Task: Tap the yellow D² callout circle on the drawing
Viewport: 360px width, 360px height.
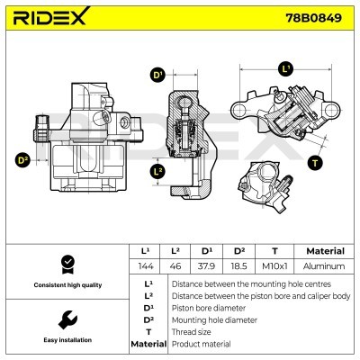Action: point(23,160)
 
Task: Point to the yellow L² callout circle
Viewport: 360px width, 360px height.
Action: point(158,171)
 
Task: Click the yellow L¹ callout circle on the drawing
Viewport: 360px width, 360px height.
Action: point(286,68)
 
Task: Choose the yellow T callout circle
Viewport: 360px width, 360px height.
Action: point(314,163)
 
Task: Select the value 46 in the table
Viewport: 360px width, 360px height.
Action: point(176,266)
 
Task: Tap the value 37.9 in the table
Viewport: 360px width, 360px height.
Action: point(207,266)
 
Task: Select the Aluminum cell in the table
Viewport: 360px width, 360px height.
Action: point(325,266)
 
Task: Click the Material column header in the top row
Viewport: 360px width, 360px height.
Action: point(325,251)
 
